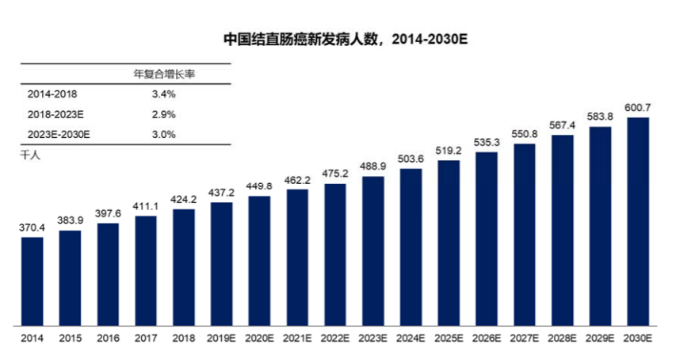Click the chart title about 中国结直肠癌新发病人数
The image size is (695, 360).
[342, 37]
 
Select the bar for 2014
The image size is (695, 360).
[32, 281]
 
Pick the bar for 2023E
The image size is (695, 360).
[373, 251]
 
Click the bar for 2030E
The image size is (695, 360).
[638, 221]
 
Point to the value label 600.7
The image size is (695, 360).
[638, 108]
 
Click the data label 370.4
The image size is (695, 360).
[32, 228]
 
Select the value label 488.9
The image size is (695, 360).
[373, 167]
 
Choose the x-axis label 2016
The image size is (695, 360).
[108, 338]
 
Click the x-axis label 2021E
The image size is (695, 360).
[297, 338]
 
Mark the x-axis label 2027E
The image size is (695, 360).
[525, 338]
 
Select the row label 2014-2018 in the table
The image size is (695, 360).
[52, 94]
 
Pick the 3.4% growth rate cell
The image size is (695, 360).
[164, 94]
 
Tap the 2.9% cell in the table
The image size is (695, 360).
[164, 114]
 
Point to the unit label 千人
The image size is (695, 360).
[29, 155]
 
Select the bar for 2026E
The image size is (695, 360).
[487, 239]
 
